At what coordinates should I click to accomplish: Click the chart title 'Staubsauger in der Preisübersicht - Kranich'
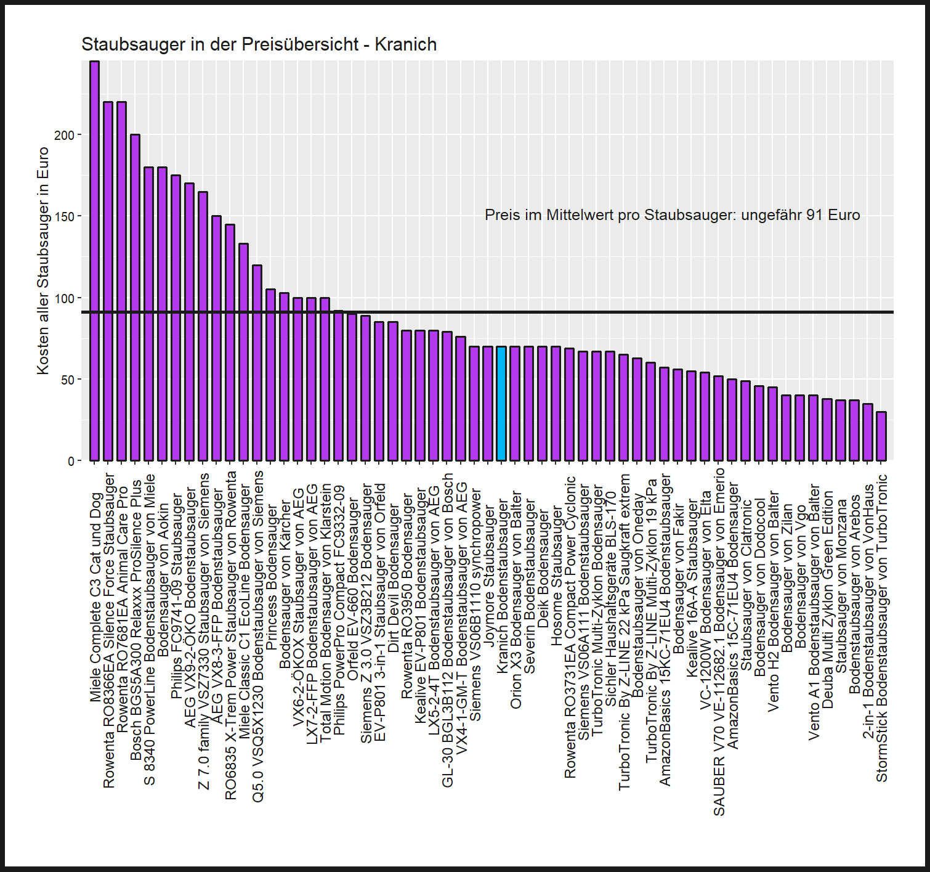[259, 44]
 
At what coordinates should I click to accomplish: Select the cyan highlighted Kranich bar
[501, 404]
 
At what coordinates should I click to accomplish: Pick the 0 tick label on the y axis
[71, 461]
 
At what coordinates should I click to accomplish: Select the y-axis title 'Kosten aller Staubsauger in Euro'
[42, 261]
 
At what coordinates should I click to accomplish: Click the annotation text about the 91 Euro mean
[672, 215]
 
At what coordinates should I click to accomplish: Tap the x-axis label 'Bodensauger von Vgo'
[800, 576]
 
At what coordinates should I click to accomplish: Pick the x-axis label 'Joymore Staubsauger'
[488, 576]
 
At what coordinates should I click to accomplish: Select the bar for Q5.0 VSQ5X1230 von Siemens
[257, 363]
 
